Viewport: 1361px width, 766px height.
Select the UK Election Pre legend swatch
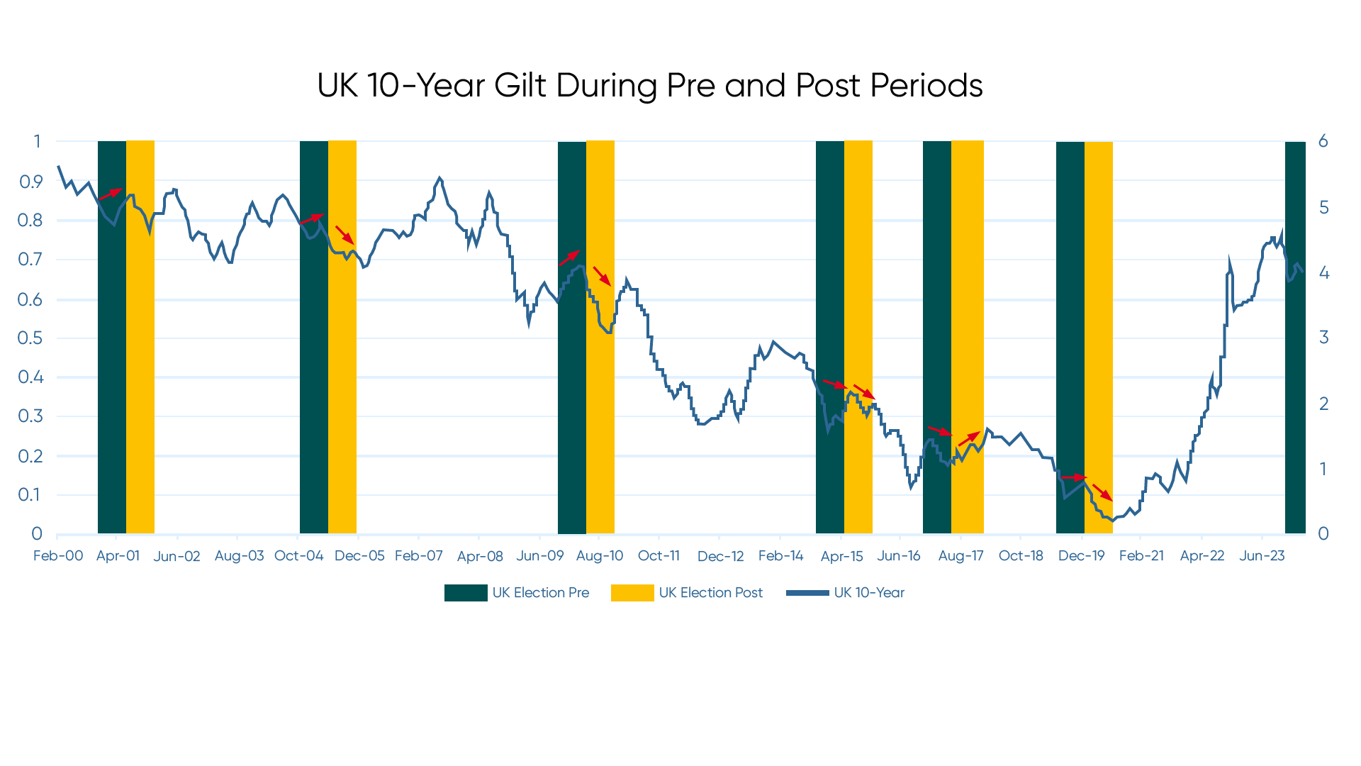(x=466, y=593)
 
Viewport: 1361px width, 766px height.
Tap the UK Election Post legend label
(x=710, y=593)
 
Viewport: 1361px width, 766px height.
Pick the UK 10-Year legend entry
(x=868, y=593)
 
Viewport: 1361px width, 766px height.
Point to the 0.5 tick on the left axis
(x=30, y=338)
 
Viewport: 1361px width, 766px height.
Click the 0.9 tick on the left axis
(x=30, y=182)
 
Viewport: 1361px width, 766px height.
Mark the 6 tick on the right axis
(x=1323, y=141)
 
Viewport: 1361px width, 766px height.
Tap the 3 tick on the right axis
(x=1323, y=338)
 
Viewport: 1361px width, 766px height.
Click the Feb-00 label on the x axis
(x=58, y=556)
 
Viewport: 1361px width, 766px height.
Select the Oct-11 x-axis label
(x=659, y=556)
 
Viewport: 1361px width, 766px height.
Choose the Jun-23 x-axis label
(x=1262, y=556)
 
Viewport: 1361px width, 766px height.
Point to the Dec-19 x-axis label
(x=1081, y=556)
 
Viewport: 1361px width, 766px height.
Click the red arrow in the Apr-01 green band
(x=111, y=194)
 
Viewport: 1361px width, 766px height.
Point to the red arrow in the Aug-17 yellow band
(x=969, y=438)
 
